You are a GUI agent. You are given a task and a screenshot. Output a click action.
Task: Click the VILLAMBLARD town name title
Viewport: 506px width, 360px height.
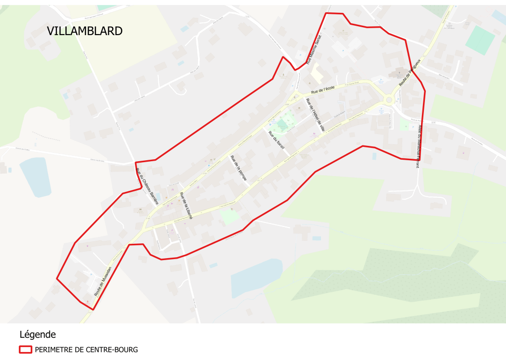pos(85,31)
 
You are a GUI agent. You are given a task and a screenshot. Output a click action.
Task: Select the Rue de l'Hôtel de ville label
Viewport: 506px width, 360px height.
pos(315,114)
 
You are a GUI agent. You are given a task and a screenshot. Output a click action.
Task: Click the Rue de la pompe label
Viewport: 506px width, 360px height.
pos(238,168)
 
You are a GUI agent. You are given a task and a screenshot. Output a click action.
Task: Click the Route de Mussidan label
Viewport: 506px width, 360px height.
pos(103,281)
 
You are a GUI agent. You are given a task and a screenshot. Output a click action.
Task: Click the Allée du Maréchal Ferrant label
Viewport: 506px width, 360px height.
pos(418,146)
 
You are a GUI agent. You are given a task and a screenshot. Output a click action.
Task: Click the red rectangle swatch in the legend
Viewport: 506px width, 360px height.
pos(25,350)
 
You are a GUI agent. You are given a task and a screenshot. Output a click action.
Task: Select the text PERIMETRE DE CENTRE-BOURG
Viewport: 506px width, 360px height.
pos(87,350)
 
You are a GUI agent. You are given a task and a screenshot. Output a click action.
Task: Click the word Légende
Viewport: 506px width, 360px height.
pos(38,334)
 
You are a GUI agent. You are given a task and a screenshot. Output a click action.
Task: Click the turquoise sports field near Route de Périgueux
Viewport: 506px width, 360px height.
pos(479,40)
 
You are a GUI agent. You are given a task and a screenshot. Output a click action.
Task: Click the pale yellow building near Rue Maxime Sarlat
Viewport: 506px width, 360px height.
pos(316,74)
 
